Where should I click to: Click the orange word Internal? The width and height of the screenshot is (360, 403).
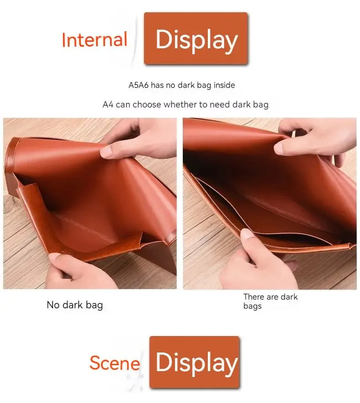(95, 40)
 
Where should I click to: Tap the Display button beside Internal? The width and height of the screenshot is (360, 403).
(196, 38)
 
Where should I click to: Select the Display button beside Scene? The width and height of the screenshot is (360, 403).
(195, 362)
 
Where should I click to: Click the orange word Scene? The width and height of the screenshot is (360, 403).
(115, 362)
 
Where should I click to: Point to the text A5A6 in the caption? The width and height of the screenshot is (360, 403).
(139, 85)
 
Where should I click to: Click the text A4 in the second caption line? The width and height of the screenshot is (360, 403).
(108, 104)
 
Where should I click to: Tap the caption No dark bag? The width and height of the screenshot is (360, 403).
(75, 305)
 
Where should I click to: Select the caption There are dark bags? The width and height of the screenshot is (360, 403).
(270, 301)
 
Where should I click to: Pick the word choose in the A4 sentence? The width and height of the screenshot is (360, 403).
(147, 104)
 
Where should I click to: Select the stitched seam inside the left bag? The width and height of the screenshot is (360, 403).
(85, 226)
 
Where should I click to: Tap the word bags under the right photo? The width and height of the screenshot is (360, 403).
(252, 306)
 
